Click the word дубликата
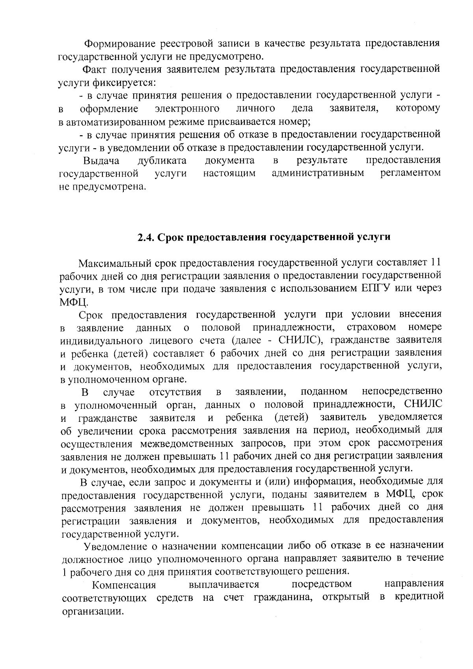(162, 160)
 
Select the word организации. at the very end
(91, 611)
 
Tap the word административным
(318, 173)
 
